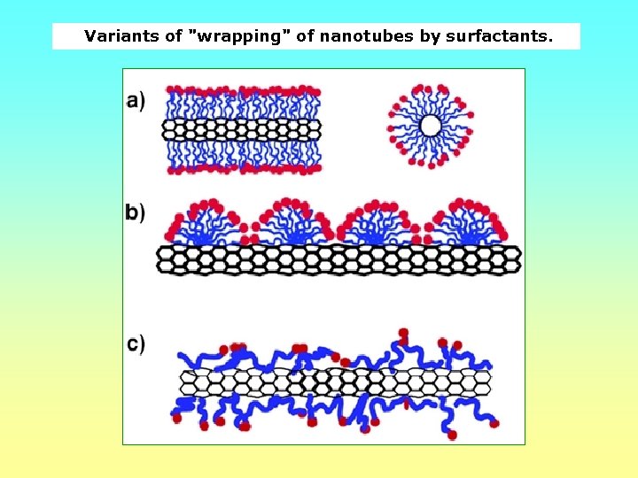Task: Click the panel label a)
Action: (x=136, y=101)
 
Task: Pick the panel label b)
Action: (x=136, y=212)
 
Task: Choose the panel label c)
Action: (x=136, y=343)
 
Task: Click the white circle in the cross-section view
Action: (x=431, y=126)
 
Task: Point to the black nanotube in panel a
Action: (x=241, y=129)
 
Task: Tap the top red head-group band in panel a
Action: (x=241, y=91)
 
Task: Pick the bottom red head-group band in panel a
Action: (x=241, y=167)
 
